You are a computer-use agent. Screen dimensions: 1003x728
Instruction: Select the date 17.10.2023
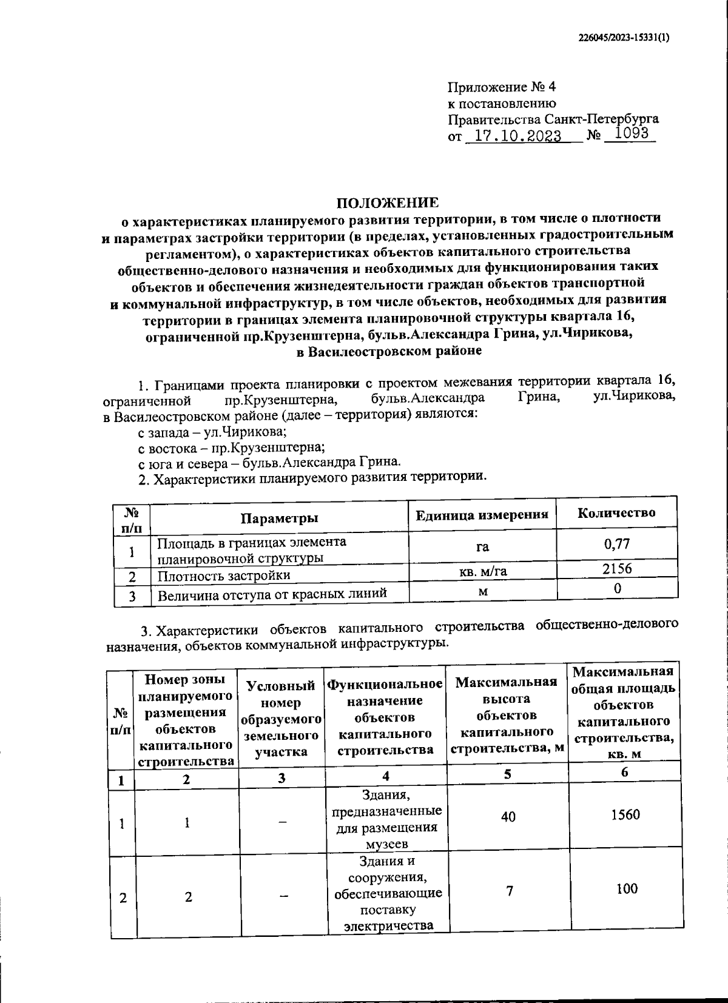pos(517,136)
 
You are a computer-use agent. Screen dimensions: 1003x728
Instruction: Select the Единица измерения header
pos(482,515)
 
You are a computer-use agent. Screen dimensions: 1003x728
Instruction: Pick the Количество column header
pos(616,513)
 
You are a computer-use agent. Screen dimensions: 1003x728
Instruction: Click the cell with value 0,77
pos(617,543)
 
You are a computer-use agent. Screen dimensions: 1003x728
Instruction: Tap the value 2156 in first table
pos(617,569)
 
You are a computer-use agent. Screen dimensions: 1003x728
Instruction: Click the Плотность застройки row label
pos(224,575)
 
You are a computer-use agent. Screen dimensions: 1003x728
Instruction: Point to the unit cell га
pos(482,547)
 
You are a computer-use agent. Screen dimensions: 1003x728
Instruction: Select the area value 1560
pos(625,814)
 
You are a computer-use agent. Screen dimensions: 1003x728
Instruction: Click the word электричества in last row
pos(389,926)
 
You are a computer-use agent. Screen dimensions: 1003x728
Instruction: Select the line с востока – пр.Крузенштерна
pos(231,448)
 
